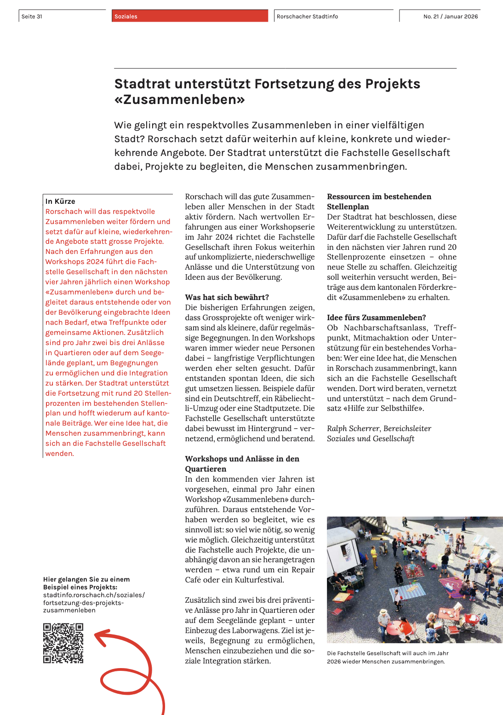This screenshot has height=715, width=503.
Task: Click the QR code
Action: point(63,643)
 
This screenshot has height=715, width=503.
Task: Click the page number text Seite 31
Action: point(32,17)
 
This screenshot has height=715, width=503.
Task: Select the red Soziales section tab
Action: point(189,16)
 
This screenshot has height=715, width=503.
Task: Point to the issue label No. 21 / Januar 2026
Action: point(450,17)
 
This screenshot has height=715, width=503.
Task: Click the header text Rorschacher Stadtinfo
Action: point(307,17)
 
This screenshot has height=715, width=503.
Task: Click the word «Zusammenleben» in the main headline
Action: point(179,99)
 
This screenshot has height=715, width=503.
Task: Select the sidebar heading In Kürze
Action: point(60,201)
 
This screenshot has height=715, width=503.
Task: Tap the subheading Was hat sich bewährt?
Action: point(227,297)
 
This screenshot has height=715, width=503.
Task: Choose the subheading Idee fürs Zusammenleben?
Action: point(376,317)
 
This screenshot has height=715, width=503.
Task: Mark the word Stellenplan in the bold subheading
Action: point(348,207)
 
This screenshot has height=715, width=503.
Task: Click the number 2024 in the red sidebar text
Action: point(95,261)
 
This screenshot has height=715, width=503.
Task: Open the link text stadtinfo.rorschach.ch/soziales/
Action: point(94,595)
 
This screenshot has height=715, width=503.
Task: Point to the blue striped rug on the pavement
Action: point(409,590)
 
